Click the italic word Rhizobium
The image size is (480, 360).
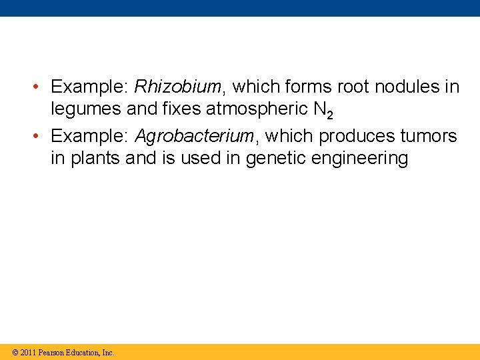coord(177,87)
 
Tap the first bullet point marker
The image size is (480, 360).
coord(38,87)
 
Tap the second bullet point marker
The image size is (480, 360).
coord(38,137)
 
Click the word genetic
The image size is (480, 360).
coord(273,159)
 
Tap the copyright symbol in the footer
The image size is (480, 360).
coord(16,353)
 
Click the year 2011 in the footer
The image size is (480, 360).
coord(28,353)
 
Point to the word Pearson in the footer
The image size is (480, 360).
coord(51,353)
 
